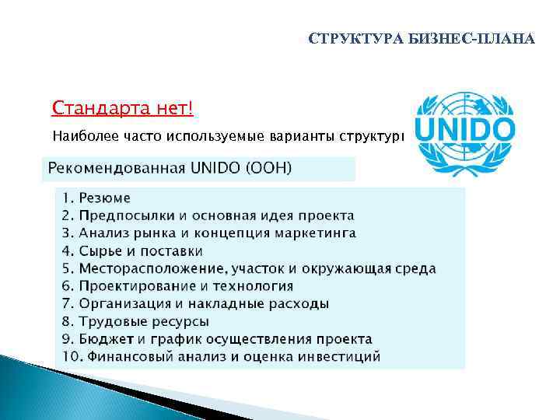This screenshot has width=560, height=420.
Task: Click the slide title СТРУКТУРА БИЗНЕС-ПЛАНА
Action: pyautogui.click(x=422, y=39)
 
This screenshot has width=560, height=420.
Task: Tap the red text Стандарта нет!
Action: pyautogui.click(x=122, y=107)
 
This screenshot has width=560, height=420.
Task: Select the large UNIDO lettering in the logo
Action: pyautogui.click(x=464, y=128)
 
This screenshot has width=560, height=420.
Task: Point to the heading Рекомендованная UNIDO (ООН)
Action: pyautogui.click(x=170, y=168)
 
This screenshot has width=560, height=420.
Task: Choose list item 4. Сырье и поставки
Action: pyautogui.click(x=132, y=251)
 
